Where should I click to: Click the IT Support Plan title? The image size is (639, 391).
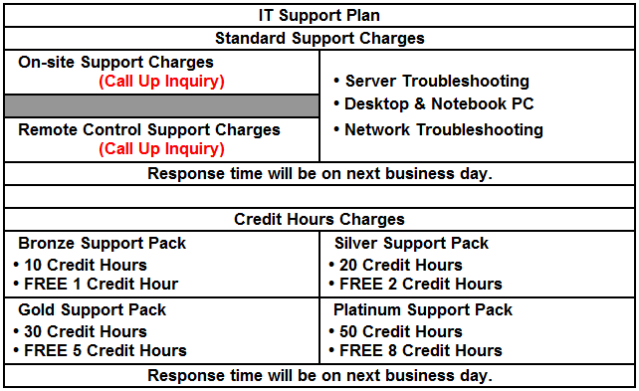319,16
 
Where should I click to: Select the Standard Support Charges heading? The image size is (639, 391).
319,38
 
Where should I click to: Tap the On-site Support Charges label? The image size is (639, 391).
115,63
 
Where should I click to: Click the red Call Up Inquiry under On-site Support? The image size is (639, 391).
162,81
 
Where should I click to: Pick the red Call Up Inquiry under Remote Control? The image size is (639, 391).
162,148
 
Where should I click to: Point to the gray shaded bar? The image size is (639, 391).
162,105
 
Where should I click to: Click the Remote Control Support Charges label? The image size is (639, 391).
149,130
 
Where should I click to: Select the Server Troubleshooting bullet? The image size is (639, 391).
432,81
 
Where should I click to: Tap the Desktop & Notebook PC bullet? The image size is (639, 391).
434,103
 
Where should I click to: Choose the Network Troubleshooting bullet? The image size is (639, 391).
439,130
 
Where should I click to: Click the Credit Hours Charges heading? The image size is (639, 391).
319,219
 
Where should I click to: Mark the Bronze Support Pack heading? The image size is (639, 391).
102,243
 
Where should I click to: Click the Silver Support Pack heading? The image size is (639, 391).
411,243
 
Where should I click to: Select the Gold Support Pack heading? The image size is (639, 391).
93,310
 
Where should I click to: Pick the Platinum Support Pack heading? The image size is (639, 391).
423,310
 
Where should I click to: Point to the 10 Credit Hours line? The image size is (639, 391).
81,266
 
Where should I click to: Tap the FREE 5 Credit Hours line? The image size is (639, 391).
101,350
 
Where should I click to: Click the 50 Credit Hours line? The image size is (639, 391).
396,332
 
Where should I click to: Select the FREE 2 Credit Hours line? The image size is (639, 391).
416,284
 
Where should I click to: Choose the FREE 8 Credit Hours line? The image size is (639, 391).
416,350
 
